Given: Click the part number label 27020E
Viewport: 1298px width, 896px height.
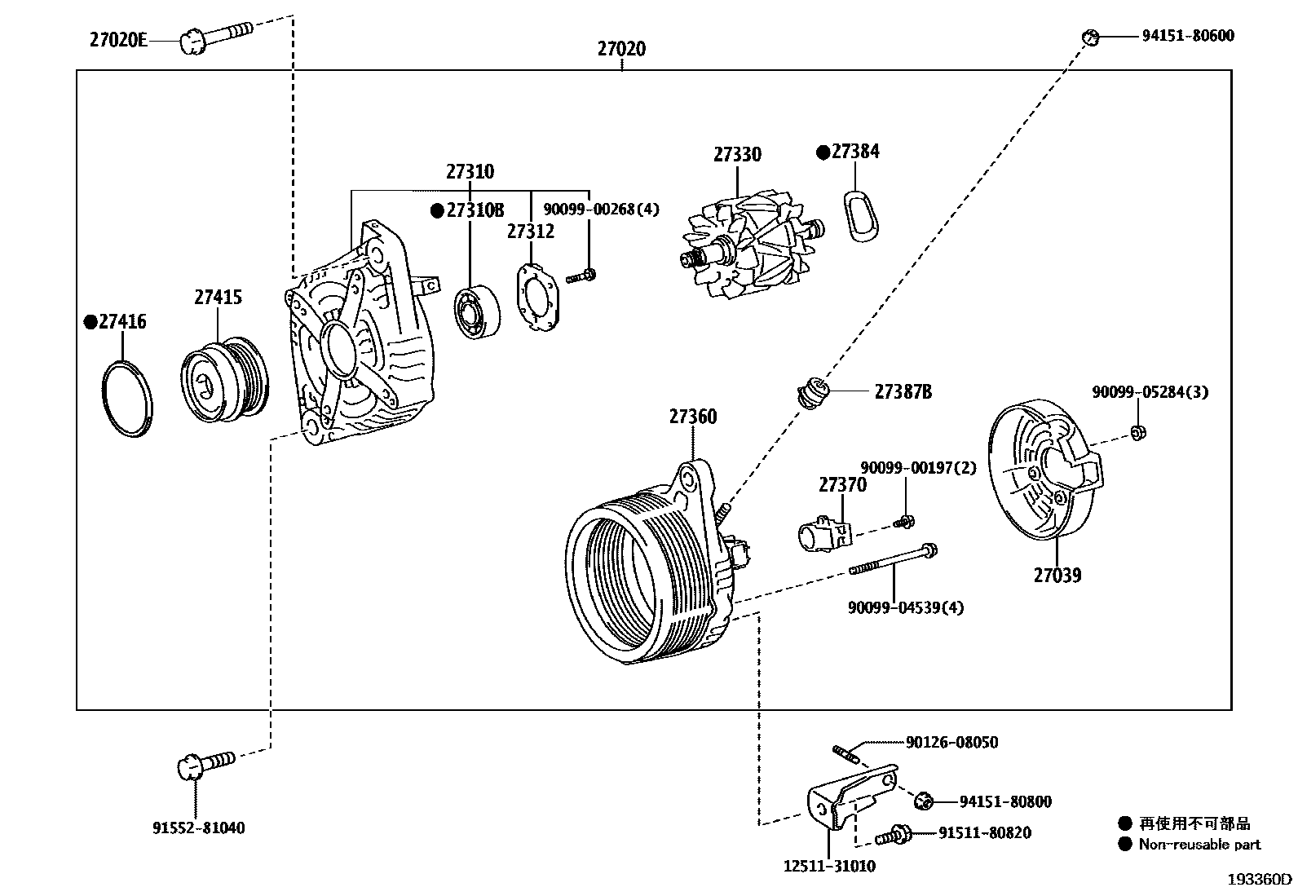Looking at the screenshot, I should (118, 39).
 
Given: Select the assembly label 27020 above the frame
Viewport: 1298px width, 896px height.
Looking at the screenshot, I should (621, 49).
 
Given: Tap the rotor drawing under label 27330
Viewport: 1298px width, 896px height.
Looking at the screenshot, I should (743, 248).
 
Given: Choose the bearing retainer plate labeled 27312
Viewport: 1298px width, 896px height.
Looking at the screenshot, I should (536, 296).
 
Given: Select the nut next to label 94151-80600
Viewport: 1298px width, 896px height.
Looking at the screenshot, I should (1090, 37).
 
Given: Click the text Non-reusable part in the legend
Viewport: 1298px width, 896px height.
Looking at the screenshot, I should (1199, 845).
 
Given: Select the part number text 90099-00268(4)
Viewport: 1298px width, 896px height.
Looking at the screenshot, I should (601, 210).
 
